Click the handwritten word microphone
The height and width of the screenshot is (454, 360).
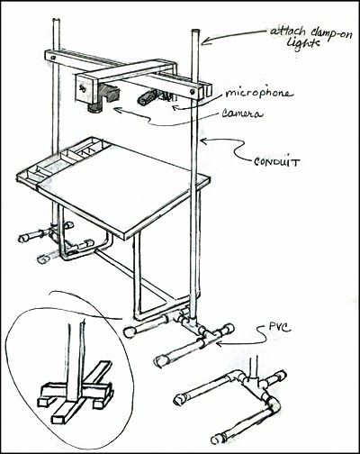click(258, 93)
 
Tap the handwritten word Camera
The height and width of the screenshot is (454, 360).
click(242, 113)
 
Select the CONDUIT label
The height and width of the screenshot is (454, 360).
click(276, 162)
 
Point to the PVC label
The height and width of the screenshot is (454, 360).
click(280, 327)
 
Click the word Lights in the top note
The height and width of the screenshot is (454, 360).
click(302, 44)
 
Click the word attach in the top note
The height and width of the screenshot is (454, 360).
click(288, 32)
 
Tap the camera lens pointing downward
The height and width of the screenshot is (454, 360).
click(95, 108)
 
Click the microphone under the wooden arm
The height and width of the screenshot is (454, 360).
click(147, 97)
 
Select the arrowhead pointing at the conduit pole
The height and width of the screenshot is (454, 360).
click(204, 141)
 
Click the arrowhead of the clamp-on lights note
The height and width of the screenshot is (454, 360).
click(204, 41)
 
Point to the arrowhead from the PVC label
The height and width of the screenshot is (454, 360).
click(220, 343)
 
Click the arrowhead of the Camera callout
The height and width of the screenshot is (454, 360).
click(118, 110)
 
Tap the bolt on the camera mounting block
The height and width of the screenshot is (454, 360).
click(83, 88)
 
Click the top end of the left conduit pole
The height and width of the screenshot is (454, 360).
click(56, 20)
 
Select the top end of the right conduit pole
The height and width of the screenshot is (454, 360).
click(194, 31)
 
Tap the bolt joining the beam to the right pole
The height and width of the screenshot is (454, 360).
click(192, 91)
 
